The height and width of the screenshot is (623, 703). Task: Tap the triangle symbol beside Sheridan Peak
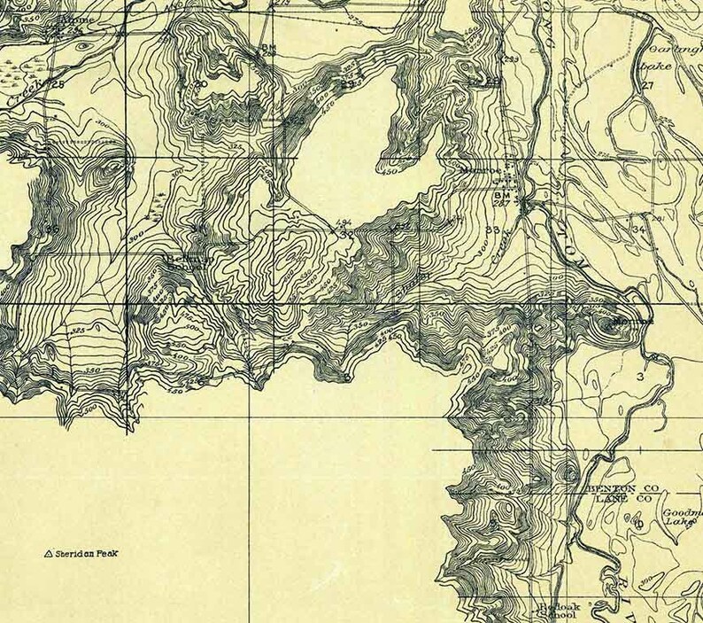tap(49, 555)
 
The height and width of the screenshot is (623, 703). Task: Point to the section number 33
tap(492, 230)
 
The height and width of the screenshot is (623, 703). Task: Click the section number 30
tap(202, 83)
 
